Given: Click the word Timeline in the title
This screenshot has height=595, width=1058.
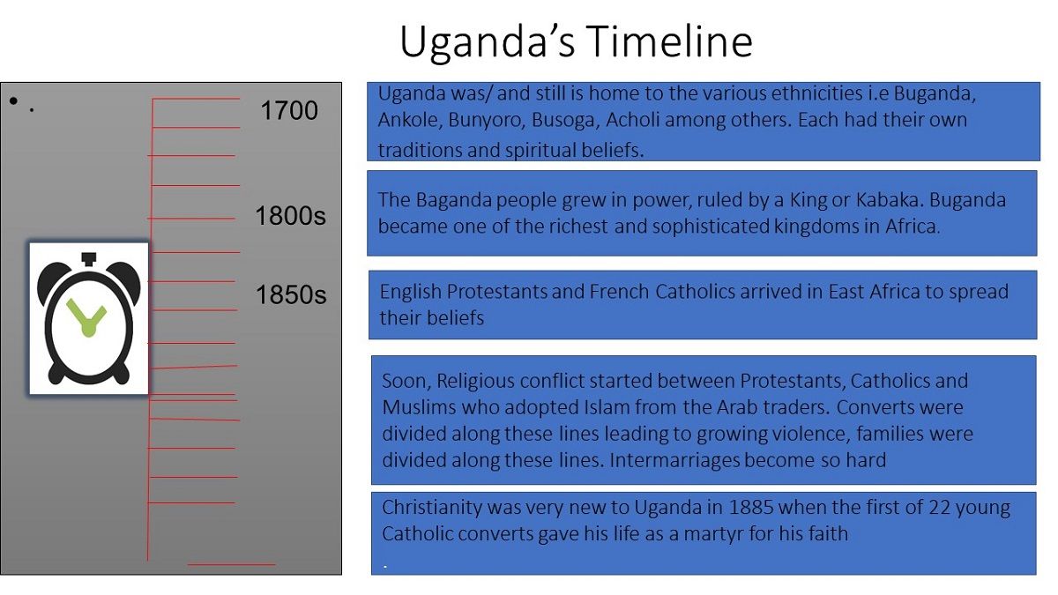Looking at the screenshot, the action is pos(669,41).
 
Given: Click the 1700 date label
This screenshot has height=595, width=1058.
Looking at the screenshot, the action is pos(289,110).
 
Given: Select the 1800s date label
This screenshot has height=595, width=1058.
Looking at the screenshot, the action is pos(290,216).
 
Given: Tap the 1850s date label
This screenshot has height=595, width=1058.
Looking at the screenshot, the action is pos(291,294).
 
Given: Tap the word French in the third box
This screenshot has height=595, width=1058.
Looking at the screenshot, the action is pos(619,292).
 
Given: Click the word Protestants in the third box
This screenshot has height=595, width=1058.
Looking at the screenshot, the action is pos(496,292).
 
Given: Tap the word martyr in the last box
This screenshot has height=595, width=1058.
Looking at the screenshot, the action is pos(713,534).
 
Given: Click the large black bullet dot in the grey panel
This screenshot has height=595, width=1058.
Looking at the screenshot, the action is pos(13,100).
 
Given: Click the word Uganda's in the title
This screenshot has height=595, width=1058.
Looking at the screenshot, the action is pos(488,42).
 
